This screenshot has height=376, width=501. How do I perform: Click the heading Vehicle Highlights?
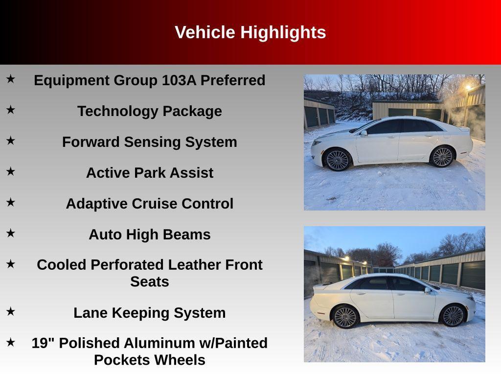point(250,32)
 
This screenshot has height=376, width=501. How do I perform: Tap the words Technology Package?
point(149,111)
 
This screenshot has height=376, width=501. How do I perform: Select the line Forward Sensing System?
point(149,142)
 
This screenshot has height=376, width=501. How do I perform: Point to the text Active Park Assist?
point(149,173)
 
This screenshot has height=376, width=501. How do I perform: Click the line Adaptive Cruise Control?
point(149,204)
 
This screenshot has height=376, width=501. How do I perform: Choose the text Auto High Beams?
point(149,235)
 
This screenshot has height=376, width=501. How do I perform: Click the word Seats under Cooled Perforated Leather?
point(149,282)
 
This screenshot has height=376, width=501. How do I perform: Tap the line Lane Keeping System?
point(149,313)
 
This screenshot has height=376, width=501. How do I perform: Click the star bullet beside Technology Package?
point(10,110)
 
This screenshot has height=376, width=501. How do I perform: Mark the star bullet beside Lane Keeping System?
point(10,311)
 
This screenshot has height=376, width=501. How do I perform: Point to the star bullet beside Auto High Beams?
point(10,233)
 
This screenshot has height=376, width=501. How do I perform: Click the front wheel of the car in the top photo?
point(337,160)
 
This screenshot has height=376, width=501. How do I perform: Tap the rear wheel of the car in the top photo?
point(442,156)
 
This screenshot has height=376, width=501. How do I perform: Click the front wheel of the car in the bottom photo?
point(453,315)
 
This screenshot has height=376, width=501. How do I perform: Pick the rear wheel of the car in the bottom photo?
point(345,316)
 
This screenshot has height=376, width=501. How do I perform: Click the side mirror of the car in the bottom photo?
point(428,290)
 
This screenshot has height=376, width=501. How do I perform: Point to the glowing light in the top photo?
point(468,87)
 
